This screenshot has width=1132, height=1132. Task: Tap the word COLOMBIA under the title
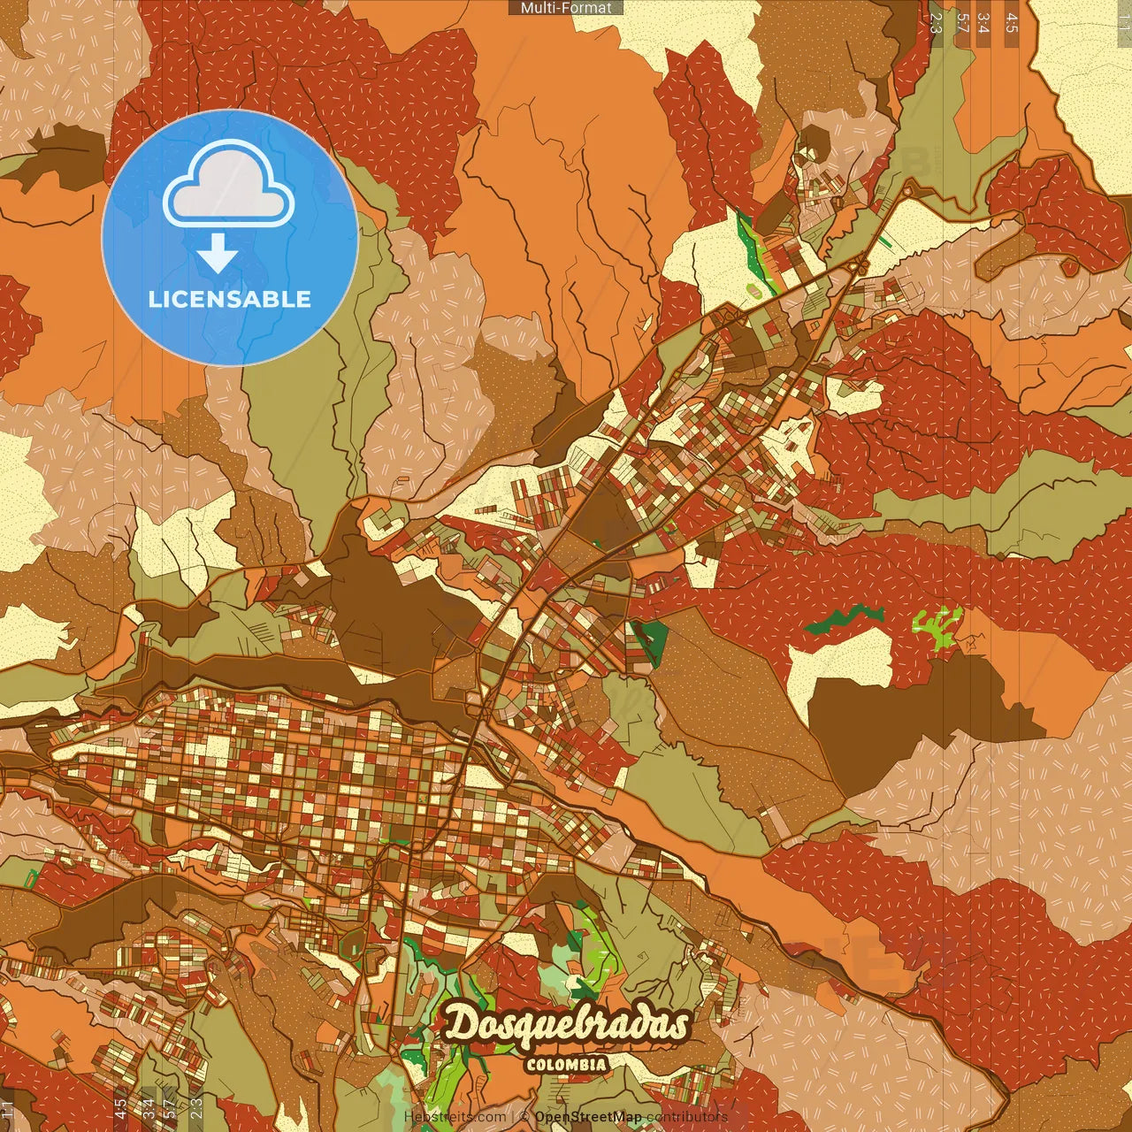pyautogui.click(x=566, y=1065)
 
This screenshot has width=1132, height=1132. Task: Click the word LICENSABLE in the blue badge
pyautogui.click(x=230, y=299)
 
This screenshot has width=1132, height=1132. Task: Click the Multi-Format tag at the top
pyautogui.click(x=566, y=8)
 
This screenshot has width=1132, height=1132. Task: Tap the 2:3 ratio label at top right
pyautogui.click(x=936, y=22)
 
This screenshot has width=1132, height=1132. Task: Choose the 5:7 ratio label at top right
pyautogui.click(x=962, y=22)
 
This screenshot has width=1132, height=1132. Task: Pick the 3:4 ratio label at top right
pyautogui.click(x=984, y=22)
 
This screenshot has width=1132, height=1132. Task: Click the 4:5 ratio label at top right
pyautogui.click(x=1012, y=22)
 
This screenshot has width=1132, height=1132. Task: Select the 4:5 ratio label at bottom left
pyautogui.click(x=120, y=1109)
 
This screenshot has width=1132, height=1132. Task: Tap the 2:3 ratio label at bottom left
pyautogui.click(x=196, y=1109)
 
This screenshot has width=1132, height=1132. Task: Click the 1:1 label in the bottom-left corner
pyautogui.click(x=8, y=1109)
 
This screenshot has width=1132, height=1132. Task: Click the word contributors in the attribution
pyautogui.click(x=687, y=1117)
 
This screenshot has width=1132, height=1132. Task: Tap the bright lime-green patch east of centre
pyautogui.click(x=936, y=623)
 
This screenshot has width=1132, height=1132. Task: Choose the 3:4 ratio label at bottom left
pyautogui.click(x=148, y=1109)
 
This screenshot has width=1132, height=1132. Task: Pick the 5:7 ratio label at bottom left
pyautogui.click(x=170, y=1109)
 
